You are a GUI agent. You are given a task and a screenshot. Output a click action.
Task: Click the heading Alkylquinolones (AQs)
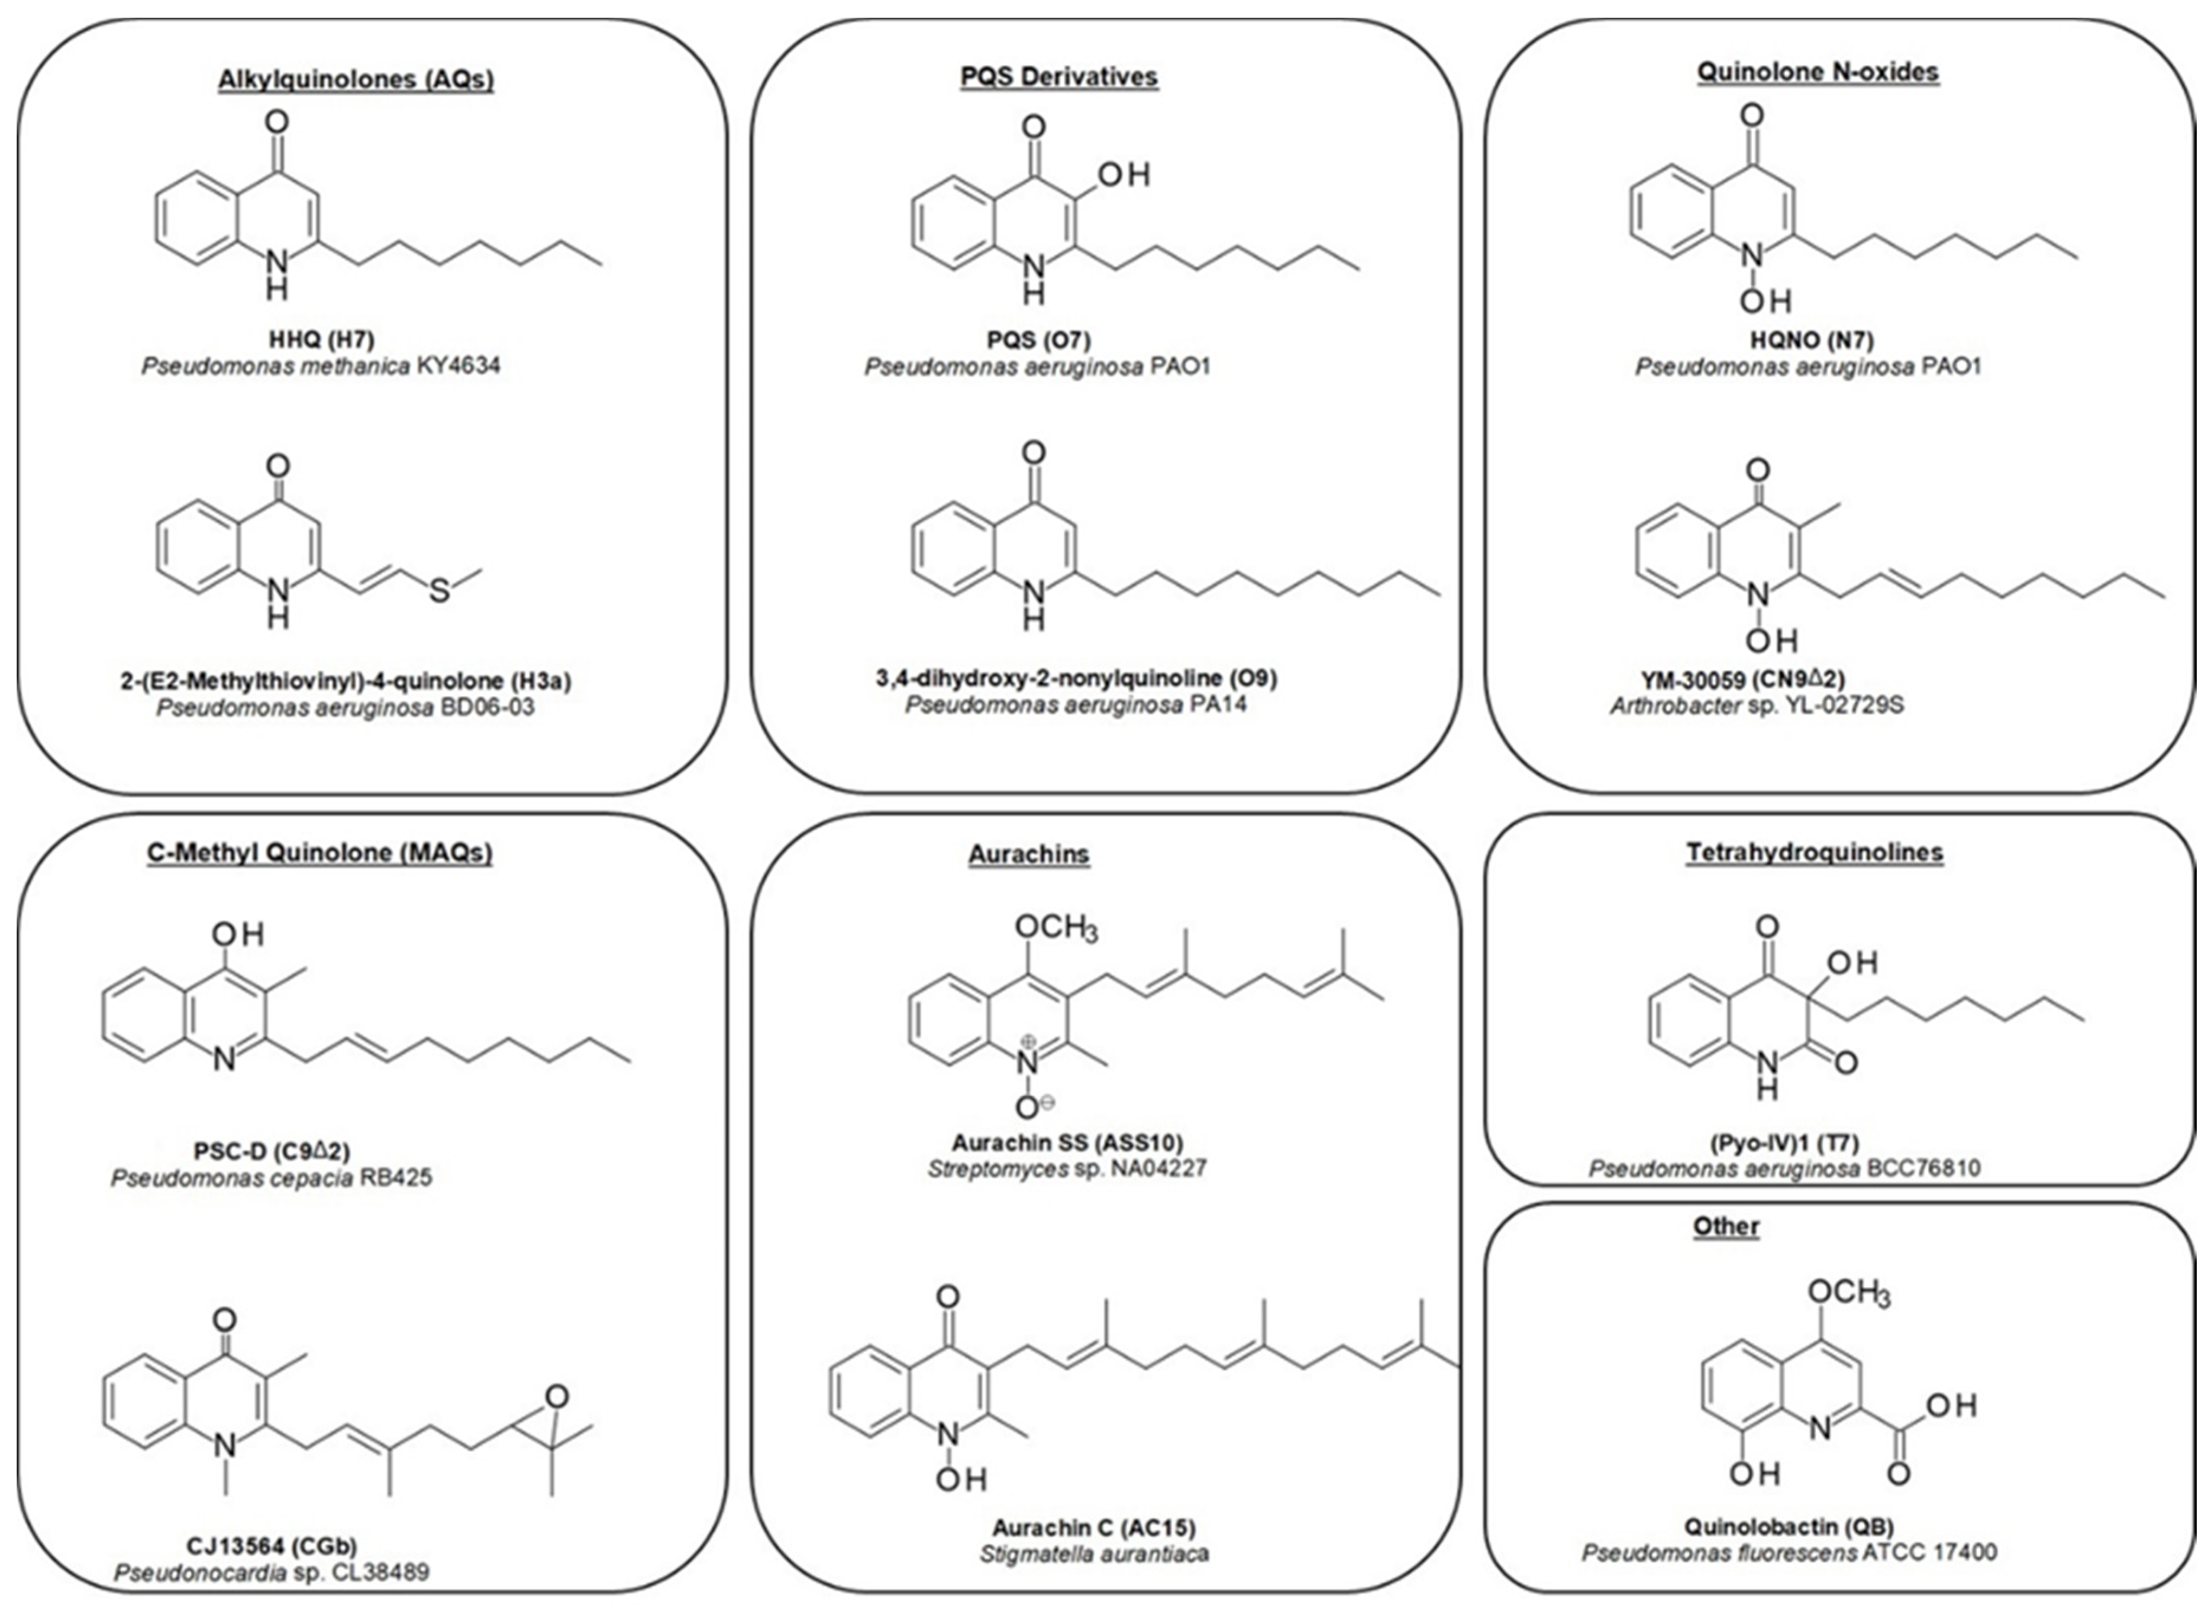coord(356,79)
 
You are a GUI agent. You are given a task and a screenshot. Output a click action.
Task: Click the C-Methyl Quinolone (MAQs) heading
coord(319,852)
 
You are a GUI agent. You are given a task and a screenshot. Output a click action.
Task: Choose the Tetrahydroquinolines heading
coord(1815,852)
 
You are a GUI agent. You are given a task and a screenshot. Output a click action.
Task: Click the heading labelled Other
coord(1726,1226)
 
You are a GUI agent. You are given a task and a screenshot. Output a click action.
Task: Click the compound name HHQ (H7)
coord(321,339)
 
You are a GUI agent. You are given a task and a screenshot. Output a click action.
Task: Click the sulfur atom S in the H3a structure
coord(440,590)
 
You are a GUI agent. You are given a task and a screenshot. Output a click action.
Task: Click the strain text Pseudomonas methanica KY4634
coord(321,367)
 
